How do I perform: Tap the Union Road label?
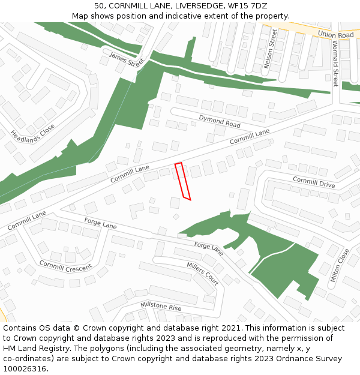click(335, 35)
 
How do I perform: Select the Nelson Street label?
click(271, 48)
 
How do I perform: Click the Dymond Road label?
click(220, 121)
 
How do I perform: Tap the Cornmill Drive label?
click(314, 182)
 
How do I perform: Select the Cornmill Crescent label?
click(65, 265)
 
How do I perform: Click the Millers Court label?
click(203, 273)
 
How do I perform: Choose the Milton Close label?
click(339, 265)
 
